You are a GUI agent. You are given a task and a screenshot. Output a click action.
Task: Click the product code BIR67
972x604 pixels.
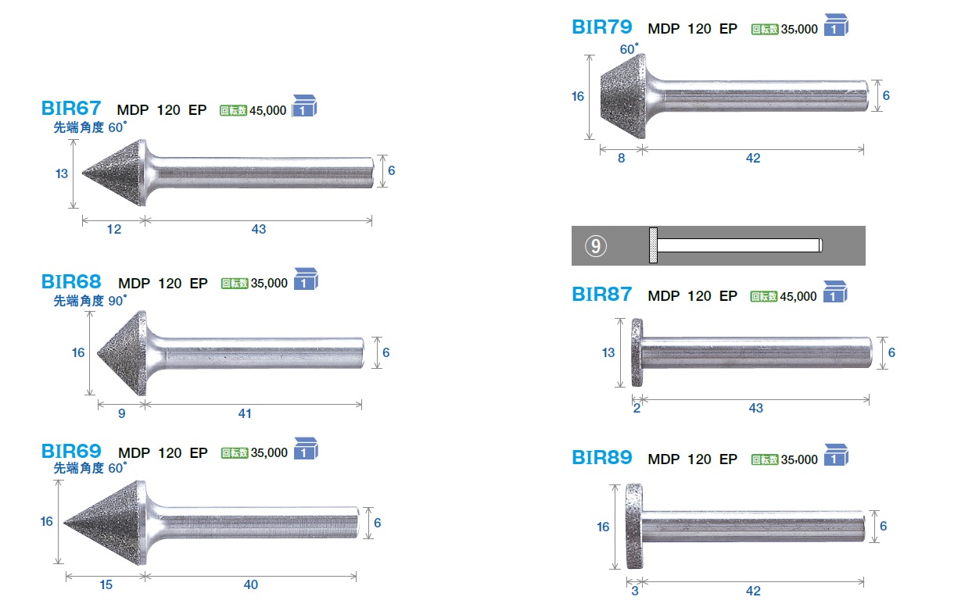pyautogui.click(x=71, y=109)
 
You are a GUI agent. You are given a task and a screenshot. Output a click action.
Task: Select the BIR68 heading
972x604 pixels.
pyautogui.click(x=71, y=282)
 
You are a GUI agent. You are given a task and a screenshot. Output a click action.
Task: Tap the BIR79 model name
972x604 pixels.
pyautogui.click(x=602, y=27)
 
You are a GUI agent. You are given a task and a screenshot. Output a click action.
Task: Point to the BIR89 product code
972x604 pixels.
pyautogui.click(x=602, y=457)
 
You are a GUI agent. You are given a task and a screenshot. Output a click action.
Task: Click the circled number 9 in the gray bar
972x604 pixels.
pyautogui.click(x=596, y=246)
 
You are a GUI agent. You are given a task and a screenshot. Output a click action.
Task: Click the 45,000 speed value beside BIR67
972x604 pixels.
pyautogui.click(x=267, y=111)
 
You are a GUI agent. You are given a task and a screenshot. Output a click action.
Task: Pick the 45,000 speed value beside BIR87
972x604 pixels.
pyautogui.click(x=798, y=297)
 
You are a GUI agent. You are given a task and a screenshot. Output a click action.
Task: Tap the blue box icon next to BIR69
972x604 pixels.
pyautogui.click(x=306, y=448)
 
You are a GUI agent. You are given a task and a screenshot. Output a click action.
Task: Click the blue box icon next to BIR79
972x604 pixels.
pyautogui.click(x=836, y=25)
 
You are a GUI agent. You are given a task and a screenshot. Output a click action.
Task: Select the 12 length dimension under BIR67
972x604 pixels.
pyautogui.click(x=114, y=230)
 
